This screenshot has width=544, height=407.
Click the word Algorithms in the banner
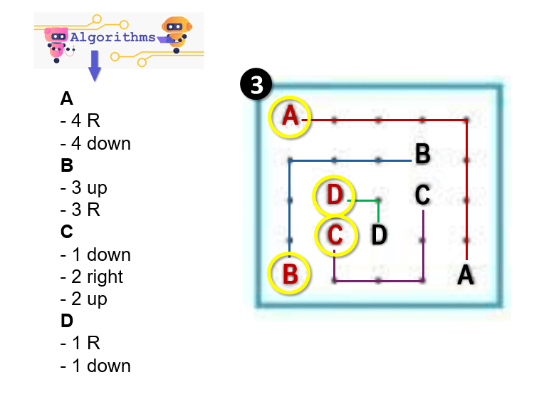113,37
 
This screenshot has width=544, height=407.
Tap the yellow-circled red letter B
290,274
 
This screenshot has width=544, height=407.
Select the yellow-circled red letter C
336,234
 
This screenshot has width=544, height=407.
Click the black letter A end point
466,274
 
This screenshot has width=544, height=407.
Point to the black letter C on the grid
422,193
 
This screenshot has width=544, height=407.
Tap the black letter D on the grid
380,234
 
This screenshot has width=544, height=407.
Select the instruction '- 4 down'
96,143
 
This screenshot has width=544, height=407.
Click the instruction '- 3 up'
84,188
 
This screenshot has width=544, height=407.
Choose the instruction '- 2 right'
92,277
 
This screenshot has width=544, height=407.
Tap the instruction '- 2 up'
84,299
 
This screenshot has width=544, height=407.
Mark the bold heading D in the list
67,321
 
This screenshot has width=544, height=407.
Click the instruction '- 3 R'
80,210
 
